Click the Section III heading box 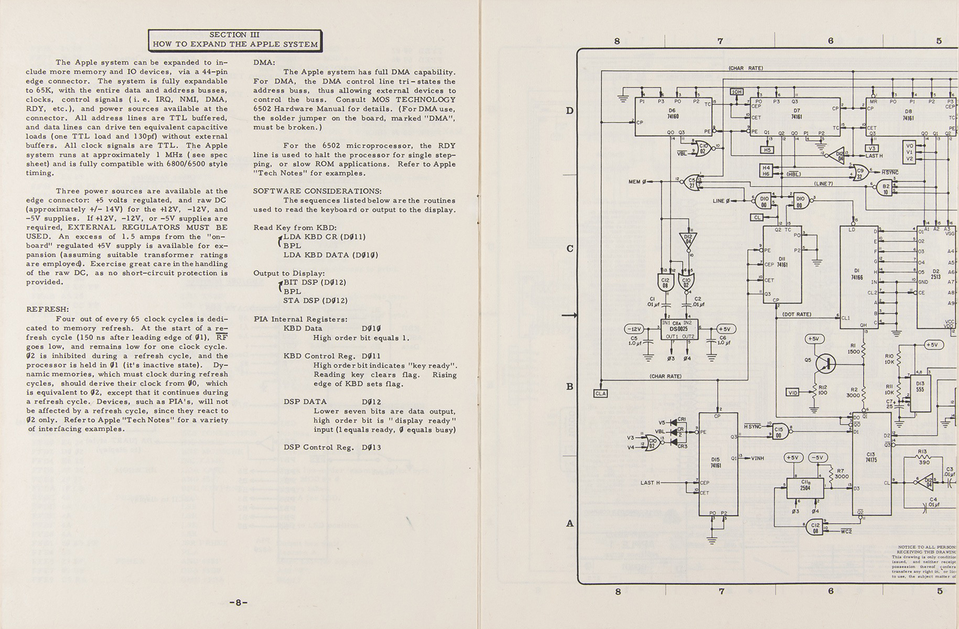tap(235, 40)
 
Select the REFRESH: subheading tap(47, 310)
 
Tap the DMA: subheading tap(264, 63)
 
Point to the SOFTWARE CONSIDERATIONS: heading tap(317, 191)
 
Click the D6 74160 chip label tap(672, 113)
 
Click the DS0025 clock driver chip tap(679, 329)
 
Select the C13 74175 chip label tap(871, 457)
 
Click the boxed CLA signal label tap(600, 393)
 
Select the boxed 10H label tap(736, 92)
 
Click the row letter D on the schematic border tap(570, 111)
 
